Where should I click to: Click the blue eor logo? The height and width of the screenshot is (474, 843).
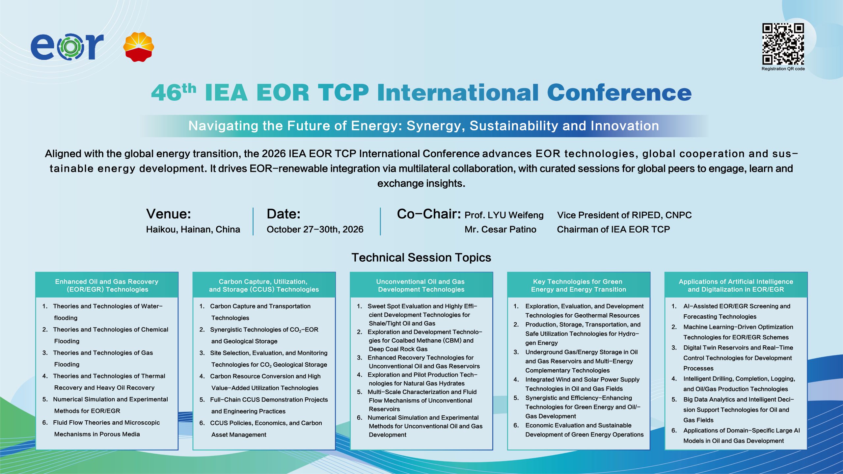67,47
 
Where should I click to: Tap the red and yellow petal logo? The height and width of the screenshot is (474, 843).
139,47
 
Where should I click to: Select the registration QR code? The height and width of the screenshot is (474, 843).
783,44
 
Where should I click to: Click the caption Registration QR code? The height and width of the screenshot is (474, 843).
783,69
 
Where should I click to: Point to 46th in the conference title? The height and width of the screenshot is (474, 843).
174,92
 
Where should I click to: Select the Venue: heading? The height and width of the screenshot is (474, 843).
169,214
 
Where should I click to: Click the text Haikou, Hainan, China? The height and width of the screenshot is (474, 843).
193,229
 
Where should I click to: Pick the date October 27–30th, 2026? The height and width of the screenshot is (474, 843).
315,229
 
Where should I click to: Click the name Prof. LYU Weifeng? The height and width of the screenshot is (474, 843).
504,215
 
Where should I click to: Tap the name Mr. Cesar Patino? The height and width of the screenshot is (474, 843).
500,229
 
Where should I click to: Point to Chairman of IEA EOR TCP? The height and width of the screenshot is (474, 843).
613,229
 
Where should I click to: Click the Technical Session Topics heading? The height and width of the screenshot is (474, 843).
421,257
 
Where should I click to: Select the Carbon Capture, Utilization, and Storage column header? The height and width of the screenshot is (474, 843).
264,285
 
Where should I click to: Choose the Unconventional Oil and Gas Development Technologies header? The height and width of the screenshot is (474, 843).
421,285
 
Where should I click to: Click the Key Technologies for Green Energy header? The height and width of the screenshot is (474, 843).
579,285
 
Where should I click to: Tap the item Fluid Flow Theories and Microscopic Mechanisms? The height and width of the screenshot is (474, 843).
101,428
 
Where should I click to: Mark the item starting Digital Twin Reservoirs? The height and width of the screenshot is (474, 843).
733,358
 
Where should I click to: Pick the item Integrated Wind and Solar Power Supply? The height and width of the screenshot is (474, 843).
577,384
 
